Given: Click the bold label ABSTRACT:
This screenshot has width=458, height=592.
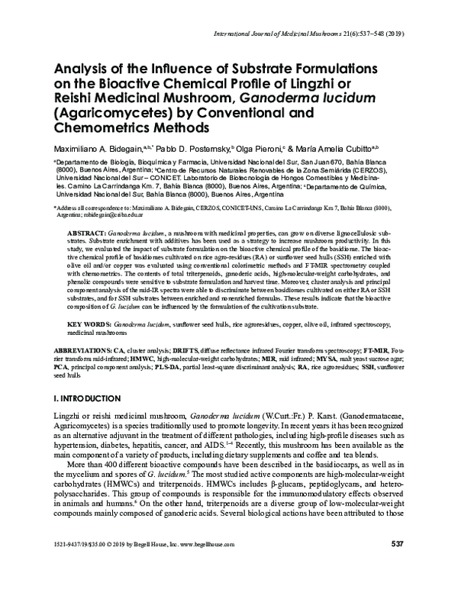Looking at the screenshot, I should (87, 230).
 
